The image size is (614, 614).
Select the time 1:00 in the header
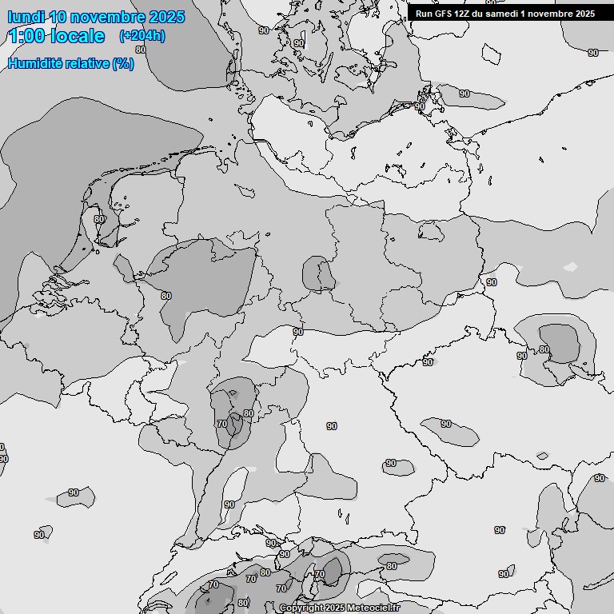tap(25, 36)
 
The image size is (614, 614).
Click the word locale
tap(76, 36)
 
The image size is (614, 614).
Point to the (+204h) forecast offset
tap(142, 36)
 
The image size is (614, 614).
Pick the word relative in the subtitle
tap(90, 64)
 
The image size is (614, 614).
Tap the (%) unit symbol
tap(123, 64)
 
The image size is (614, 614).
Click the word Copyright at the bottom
tap(300, 608)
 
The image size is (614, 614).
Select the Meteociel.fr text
tap(374, 608)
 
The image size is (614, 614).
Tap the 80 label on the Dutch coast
tap(99, 219)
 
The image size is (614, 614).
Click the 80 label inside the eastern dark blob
tap(544, 349)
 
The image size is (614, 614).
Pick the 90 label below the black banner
tap(593, 53)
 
